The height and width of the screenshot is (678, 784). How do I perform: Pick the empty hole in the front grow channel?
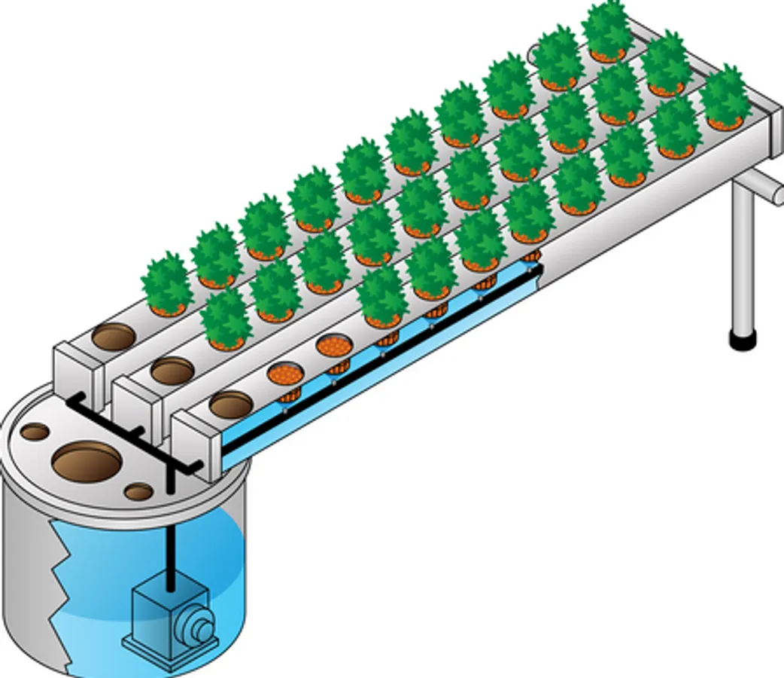[x=231, y=404]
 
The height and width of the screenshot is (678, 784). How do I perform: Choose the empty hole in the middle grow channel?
[x=172, y=370]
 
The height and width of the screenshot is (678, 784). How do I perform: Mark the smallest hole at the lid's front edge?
[x=138, y=493]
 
